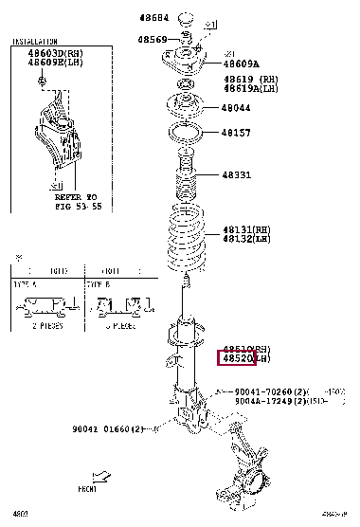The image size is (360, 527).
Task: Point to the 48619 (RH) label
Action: (250, 80)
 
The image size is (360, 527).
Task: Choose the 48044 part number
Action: (236, 108)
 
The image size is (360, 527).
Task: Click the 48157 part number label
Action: (236, 133)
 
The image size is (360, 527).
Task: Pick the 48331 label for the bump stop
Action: (237, 175)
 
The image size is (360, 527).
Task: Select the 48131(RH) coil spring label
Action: (249, 229)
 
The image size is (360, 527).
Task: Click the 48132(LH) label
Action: (249, 239)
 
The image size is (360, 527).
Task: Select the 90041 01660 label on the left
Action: (108, 429)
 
